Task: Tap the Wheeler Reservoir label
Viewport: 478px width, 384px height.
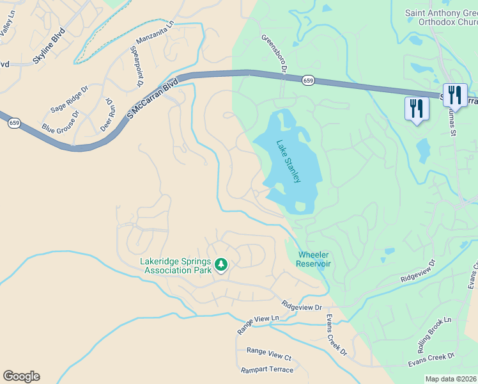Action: pyautogui.click(x=314, y=259)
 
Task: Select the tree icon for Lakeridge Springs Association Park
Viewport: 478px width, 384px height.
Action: pyautogui.click(x=221, y=264)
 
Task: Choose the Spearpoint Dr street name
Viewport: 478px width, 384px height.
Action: pyautogui.click(x=136, y=65)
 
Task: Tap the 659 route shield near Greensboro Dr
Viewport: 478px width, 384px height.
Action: pyautogui.click(x=309, y=80)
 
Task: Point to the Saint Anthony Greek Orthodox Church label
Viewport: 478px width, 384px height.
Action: pyautogui.click(x=441, y=17)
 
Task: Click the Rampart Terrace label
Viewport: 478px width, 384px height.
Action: pyautogui.click(x=267, y=370)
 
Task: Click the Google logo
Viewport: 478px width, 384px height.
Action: pyautogui.click(x=21, y=376)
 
